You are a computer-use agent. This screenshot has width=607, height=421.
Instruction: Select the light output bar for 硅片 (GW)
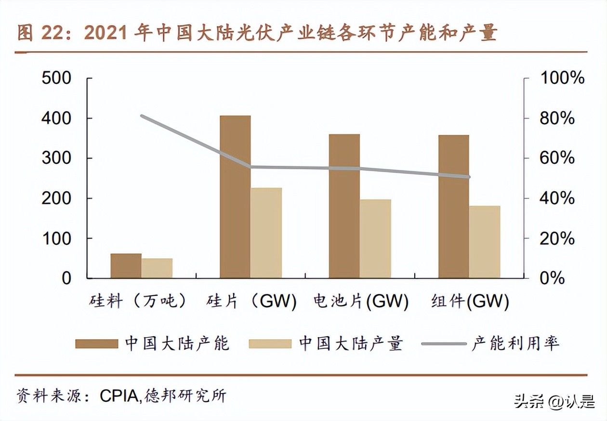[266, 233]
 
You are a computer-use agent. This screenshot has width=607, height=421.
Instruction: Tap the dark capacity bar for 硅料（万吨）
[126, 266]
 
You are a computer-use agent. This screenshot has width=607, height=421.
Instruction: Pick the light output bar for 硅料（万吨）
[157, 268]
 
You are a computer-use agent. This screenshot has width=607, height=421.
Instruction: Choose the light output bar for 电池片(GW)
[375, 238]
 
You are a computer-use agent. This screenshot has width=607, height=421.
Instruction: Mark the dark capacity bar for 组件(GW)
[453, 207]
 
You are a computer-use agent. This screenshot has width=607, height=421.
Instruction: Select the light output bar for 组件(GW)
[485, 242]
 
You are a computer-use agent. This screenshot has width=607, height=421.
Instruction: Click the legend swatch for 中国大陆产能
[96, 343]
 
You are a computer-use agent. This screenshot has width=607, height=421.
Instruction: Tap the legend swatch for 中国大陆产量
[270, 343]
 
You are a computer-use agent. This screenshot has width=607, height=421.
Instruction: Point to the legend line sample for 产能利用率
[443, 343]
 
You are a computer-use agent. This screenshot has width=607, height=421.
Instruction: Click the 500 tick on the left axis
[56, 78]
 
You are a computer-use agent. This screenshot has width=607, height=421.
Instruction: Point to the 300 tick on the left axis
[56, 158]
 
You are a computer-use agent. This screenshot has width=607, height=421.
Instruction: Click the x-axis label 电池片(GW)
[360, 302]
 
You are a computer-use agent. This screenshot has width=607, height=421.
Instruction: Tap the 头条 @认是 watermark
[554, 402]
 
